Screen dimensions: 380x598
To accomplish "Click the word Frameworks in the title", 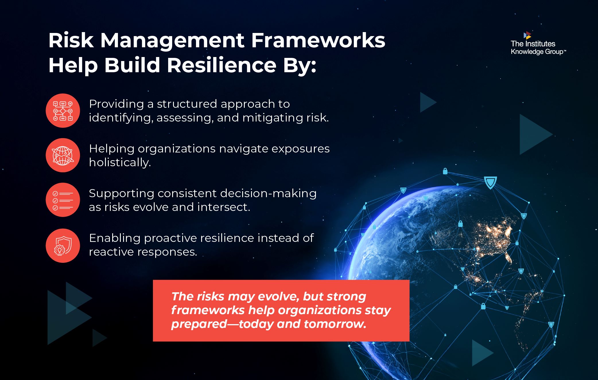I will (318, 40).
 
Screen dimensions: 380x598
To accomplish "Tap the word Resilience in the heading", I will (222, 65).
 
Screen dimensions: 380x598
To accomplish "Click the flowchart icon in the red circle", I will (63, 111).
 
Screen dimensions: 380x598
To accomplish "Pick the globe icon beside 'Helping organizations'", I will (63, 155).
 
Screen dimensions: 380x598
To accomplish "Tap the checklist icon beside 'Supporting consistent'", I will (63, 200).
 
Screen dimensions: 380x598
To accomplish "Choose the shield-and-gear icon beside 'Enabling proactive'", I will (63, 246).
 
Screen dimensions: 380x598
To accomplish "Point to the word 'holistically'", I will (120, 162).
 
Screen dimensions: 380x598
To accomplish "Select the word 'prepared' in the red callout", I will (199, 324).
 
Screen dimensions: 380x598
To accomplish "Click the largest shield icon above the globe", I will (490, 182).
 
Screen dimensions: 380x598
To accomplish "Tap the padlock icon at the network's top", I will (445, 171).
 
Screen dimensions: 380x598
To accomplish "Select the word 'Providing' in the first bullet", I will (116, 104).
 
